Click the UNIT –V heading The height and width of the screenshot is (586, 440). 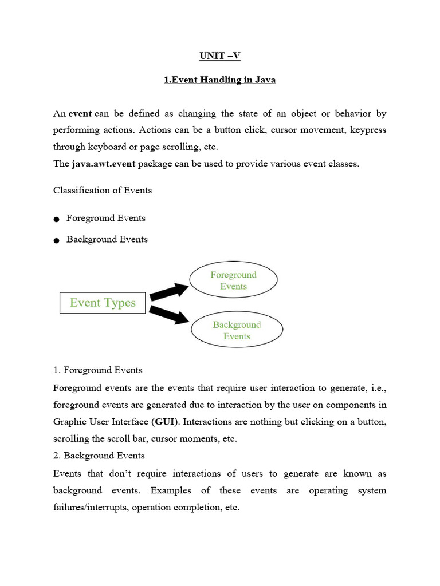pos(219,56)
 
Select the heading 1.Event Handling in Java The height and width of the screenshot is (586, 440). pos(219,80)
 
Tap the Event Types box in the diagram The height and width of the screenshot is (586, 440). pos(103,303)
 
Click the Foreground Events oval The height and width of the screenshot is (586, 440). pos(233,280)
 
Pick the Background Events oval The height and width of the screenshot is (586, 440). pos(237,331)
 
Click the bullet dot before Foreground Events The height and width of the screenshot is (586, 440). pos(56,220)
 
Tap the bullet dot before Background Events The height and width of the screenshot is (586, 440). pos(56,241)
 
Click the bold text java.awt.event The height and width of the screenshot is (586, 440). pos(103,164)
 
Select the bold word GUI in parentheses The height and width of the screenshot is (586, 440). pos(164,422)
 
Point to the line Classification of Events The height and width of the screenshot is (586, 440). pos(103,190)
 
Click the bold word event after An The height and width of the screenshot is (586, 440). pos(80,114)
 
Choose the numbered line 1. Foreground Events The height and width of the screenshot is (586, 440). pos(97,370)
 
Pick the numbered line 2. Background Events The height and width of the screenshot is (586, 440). pos(99,456)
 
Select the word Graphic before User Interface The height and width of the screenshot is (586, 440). pos(70,422)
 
